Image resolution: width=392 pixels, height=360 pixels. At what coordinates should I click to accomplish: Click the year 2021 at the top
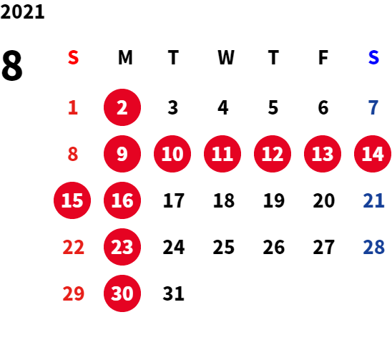click(x=22, y=11)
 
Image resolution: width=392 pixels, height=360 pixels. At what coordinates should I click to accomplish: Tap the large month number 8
click(x=12, y=65)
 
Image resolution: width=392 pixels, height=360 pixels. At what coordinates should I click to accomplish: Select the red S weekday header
click(x=73, y=57)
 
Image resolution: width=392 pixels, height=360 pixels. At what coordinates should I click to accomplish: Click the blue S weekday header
click(x=373, y=57)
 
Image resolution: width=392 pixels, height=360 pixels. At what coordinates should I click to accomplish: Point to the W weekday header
click(x=226, y=57)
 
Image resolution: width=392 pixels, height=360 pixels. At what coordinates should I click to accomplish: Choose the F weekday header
click(x=323, y=57)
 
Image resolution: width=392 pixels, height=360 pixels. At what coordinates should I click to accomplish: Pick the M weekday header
click(x=125, y=57)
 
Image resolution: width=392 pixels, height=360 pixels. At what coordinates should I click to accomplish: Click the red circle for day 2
click(x=122, y=107)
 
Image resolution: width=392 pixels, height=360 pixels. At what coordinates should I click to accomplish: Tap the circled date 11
click(x=222, y=154)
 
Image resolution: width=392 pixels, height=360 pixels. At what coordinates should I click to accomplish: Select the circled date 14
click(x=373, y=154)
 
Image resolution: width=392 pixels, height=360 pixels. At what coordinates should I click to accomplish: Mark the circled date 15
click(x=72, y=200)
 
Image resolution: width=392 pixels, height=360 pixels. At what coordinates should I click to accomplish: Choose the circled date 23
click(x=122, y=247)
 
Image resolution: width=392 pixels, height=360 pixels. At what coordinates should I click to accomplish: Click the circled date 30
click(x=122, y=293)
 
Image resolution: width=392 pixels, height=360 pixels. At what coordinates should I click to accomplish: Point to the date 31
click(x=174, y=293)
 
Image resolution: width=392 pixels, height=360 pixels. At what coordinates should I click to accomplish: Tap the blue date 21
click(x=373, y=200)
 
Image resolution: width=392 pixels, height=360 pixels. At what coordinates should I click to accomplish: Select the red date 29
click(x=73, y=293)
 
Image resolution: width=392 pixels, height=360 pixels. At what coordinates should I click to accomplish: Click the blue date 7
click(x=373, y=107)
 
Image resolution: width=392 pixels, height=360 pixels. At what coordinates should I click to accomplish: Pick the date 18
click(x=224, y=200)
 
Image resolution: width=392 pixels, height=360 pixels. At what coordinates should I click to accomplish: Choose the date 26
click(x=274, y=247)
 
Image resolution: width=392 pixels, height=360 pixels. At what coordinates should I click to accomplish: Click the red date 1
click(x=73, y=107)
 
